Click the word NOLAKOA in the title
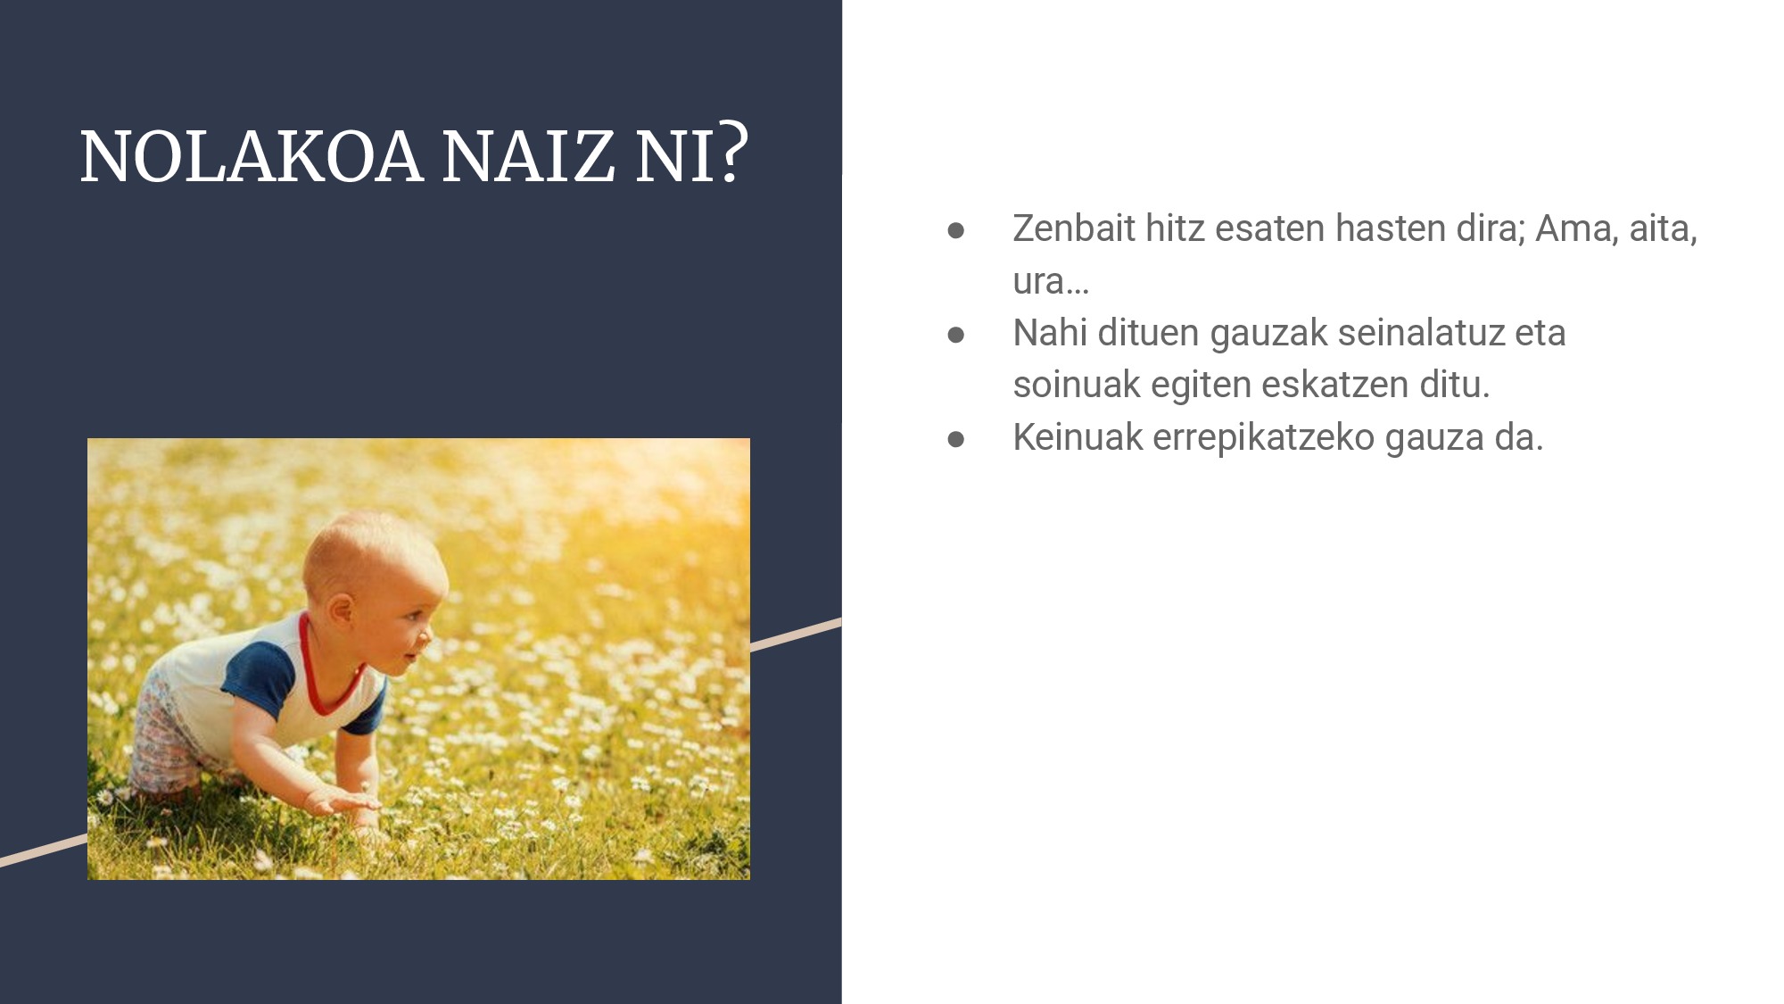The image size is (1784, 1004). click(x=251, y=157)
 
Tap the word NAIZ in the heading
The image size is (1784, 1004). click(x=528, y=157)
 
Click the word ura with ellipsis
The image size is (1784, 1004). click(x=1051, y=281)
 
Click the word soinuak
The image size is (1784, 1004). click(x=1077, y=385)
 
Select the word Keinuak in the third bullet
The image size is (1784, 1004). click(x=1078, y=437)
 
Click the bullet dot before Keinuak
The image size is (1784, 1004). click(x=956, y=438)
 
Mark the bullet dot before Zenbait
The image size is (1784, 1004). click(x=956, y=230)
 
